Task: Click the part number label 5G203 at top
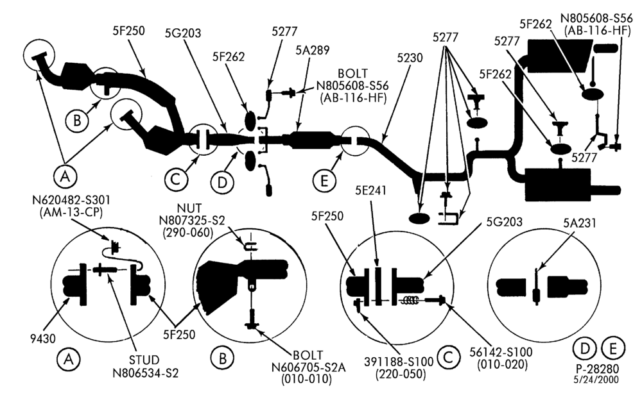182,33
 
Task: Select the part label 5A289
313,50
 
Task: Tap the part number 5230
410,58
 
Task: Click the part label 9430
43,338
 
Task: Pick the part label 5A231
579,223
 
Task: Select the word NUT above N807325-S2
189,208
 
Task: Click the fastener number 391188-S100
399,362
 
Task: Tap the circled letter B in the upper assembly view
77,120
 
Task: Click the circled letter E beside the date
613,349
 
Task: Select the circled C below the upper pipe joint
176,180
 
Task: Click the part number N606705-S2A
308,367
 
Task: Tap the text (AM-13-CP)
71,212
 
